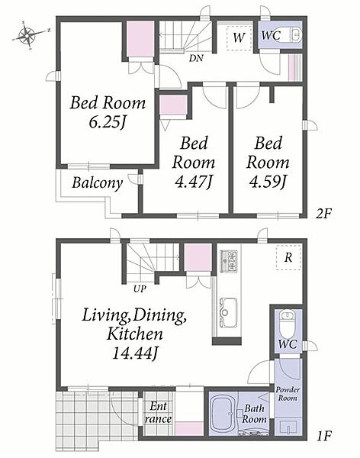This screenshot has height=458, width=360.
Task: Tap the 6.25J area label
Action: pos(107,123)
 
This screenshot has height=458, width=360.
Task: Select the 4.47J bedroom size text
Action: pos(193,182)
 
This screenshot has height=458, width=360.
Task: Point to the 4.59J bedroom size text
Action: pos(268,181)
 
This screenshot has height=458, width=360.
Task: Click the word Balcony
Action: pos(97,183)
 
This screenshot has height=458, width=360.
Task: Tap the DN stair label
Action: pos(196,58)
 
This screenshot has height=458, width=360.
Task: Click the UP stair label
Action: pos(140,289)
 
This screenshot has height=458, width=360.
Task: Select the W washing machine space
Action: pos(239,37)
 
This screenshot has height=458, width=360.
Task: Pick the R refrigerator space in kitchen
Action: pos(288,257)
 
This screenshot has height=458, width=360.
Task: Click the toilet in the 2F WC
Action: pos(295,35)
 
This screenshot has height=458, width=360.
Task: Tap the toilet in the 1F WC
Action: pos(288,323)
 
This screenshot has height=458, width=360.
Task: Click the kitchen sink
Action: pos(228,312)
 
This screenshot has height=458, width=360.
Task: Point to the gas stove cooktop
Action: pos(228,260)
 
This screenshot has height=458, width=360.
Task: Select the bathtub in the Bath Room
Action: pos(223,414)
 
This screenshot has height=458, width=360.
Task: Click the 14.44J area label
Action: pos(134,353)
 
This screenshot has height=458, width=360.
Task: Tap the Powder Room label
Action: pos(288,394)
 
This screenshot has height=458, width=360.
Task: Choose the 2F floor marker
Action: pos(324,214)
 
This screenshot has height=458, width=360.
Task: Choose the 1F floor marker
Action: pos(324,437)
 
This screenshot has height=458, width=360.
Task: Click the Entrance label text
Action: pos(158,412)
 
